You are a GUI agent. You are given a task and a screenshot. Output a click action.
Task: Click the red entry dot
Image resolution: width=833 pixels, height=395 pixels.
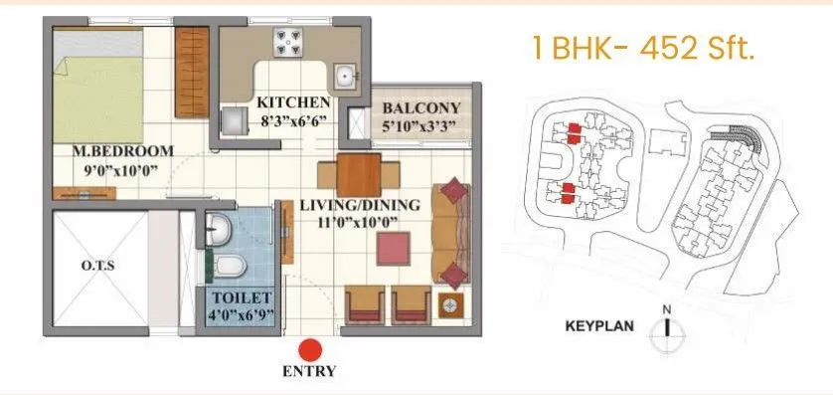[x=311, y=349]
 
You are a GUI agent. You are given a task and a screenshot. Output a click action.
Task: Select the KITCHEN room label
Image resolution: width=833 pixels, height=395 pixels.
[x=293, y=102]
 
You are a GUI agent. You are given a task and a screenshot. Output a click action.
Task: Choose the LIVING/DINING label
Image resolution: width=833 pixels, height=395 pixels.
[x=360, y=206]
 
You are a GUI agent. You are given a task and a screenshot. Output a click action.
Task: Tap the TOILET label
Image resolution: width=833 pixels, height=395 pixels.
[x=240, y=298]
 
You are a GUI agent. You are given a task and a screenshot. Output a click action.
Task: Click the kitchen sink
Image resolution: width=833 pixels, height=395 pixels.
[x=345, y=75]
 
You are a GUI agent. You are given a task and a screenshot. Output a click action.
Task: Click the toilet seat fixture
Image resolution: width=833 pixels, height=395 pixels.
[x=230, y=266]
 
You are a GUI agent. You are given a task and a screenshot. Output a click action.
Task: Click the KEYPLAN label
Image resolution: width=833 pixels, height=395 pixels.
[x=599, y=326]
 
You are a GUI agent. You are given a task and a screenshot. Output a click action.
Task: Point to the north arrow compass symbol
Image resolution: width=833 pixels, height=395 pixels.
[x=668, y=325]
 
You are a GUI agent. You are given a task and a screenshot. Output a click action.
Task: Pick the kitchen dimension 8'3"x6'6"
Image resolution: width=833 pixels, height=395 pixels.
[x=293, y=120]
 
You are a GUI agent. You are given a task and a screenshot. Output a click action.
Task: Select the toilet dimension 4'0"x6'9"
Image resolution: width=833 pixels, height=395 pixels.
[x=240, y=316]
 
